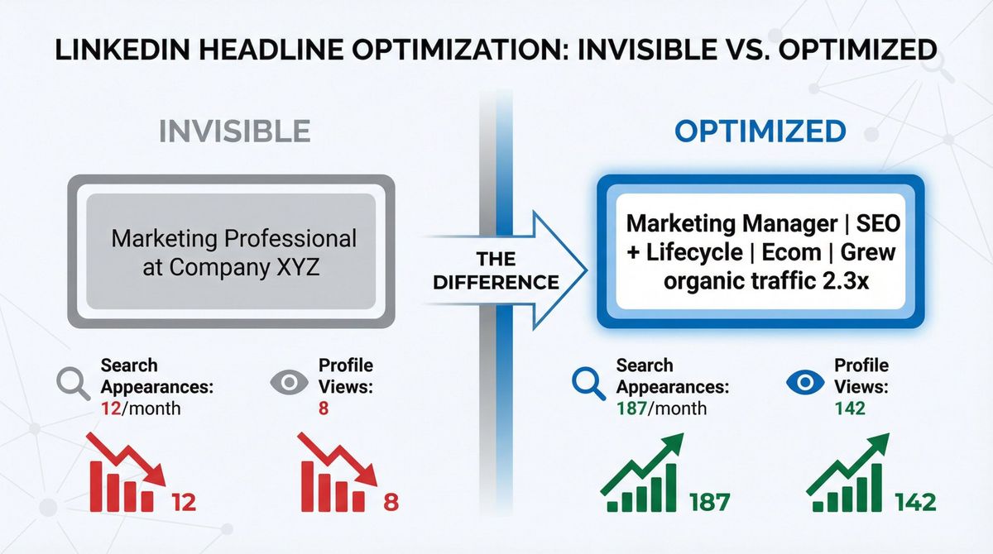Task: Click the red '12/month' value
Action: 140,408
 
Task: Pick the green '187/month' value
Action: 661,408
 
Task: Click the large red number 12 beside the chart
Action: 183,501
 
